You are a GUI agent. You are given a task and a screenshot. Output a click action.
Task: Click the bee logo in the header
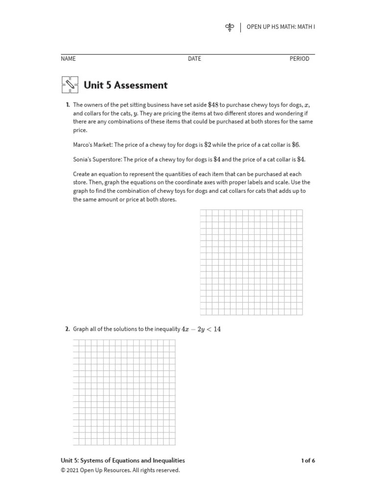pyautogui.click(x=230, y=27)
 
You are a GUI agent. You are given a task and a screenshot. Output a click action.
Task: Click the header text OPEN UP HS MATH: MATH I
pyautogui.click(x=281, y=27)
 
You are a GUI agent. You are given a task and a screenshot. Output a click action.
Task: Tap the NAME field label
pyautogui.click(x=68, y=59)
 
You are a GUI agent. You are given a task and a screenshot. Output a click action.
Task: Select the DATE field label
pyautogui.click(x=194, y=59)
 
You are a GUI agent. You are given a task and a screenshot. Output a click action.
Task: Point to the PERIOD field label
pyautogui.click(x=299, y=59)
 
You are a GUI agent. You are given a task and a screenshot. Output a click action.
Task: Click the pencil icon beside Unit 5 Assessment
pyautogui.click(x=70, y=85)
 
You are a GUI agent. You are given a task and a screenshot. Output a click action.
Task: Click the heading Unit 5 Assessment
pyautogui.click(x=126, y=85)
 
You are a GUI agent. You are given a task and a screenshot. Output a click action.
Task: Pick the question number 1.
pyautogui.click(x=68, y=105)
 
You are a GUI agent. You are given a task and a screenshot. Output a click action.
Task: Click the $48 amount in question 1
pyautogui.click(x=213, y=105)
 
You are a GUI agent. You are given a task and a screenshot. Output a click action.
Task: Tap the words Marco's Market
pyautogui.click(x=93, y=145)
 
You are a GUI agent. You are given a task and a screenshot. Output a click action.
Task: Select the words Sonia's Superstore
pyautogui.click(x=96, y=159)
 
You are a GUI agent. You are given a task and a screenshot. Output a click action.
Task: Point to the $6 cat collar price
pyautogui.click(x=295, y=145)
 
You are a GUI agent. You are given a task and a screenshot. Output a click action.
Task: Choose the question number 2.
pyautogui.click(x=68, y=329)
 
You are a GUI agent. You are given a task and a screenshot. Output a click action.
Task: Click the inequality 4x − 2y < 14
pyautogui.click(x=201, y=329)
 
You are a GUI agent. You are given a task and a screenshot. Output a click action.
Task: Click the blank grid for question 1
pyautogui.click(x=251, y=262)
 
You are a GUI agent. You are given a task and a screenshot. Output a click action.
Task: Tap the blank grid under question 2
pyautogui.click(x=124, y=392)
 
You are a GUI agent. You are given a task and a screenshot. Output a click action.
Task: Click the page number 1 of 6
pyautogui.click(x=308, y=460)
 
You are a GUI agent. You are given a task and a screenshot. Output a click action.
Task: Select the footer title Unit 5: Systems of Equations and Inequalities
pyautogui.click(x=123, y=460)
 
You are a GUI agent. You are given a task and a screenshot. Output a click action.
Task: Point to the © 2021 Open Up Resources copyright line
pyautogui.click(x=120, y=471)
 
